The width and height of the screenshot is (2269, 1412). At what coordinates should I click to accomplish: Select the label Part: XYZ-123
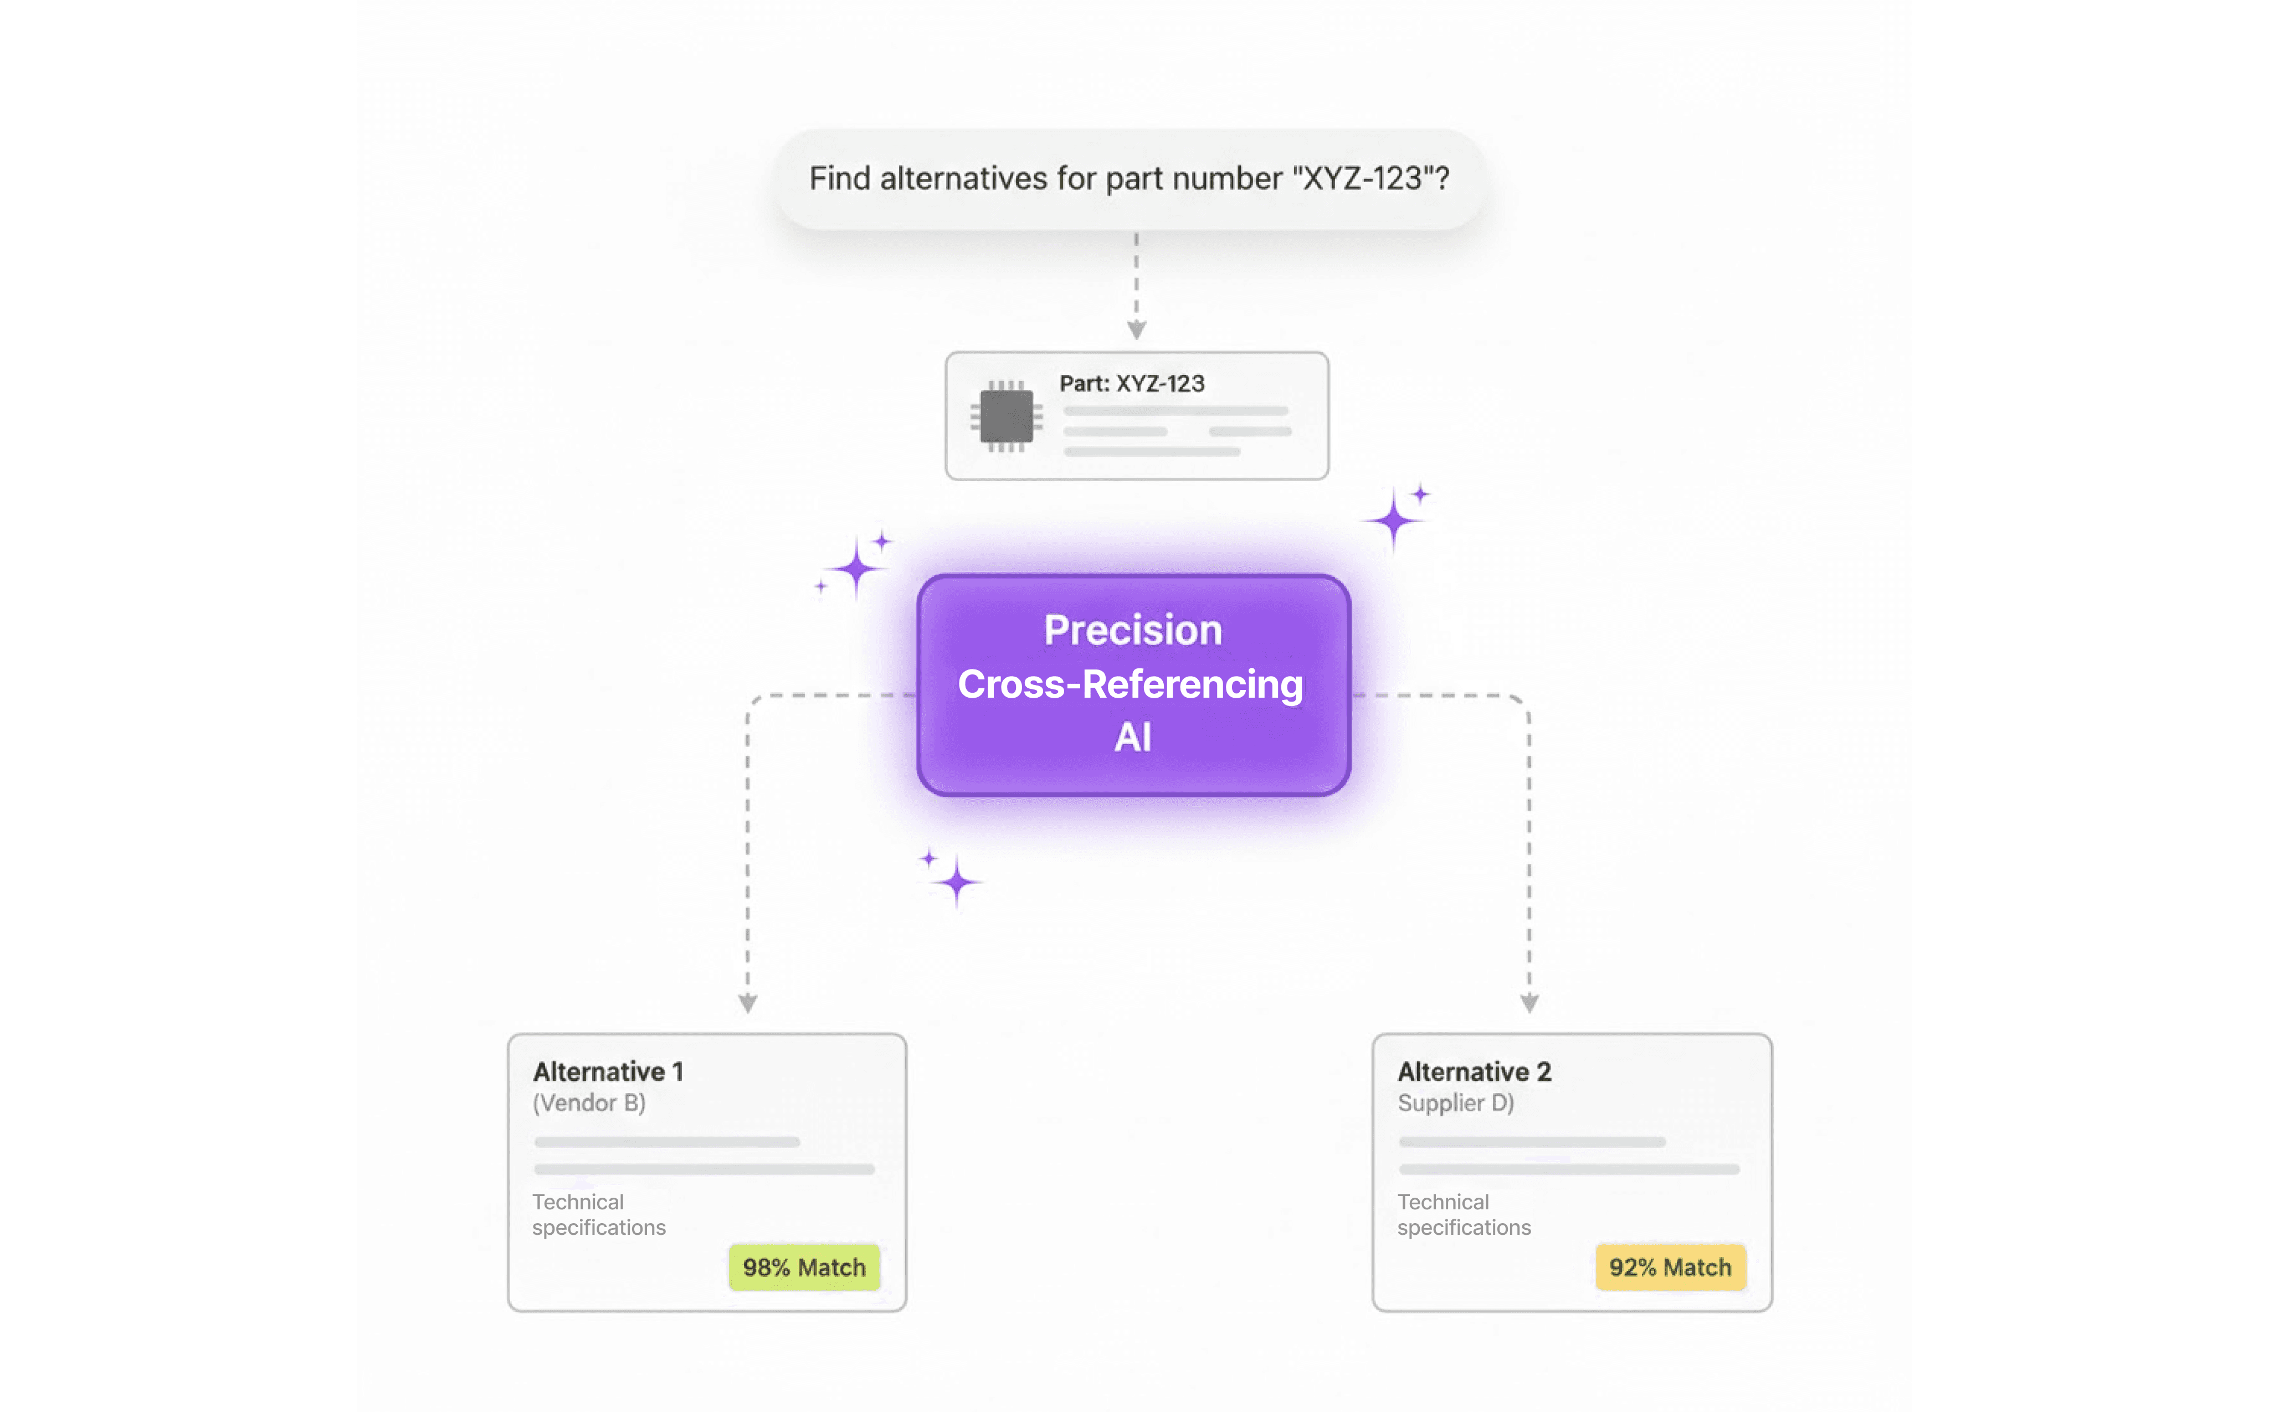coord(1131,384)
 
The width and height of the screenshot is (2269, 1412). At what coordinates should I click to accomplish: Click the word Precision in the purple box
coord(1132,630)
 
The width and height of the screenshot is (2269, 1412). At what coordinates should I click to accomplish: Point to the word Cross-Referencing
coord(1130,684)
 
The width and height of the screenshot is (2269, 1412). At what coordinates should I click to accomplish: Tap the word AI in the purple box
coord(1132,738)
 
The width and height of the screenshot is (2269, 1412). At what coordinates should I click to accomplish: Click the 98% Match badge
coord(803,1267)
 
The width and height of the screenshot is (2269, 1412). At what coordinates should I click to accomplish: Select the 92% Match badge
coord(1669,1267)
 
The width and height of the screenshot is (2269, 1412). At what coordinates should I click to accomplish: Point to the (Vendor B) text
coord(588,1103)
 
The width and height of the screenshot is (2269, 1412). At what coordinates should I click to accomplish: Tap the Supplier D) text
coord(1455,1103)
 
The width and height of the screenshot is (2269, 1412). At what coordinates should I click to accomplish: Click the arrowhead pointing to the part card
coord(1136,329)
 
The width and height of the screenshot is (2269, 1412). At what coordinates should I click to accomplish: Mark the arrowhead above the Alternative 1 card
coord(747,1003)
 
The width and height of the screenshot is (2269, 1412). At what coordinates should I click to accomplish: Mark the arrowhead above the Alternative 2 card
coord(1529,1003)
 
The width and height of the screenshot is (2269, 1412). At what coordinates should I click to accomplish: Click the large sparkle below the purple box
coord(957,882)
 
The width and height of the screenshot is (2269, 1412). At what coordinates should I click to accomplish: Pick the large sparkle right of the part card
coord(1393,520)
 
